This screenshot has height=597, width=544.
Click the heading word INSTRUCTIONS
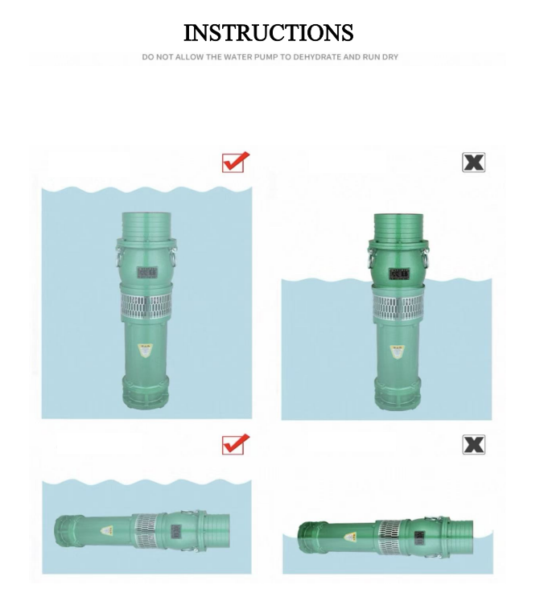coord(268,33)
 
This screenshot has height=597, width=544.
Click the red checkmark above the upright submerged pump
coord(235,162)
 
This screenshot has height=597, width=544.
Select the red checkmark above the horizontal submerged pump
coord(235,443)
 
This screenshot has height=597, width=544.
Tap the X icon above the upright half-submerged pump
coord(473,162)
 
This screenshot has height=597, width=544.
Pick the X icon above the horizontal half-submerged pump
coord(473,444)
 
